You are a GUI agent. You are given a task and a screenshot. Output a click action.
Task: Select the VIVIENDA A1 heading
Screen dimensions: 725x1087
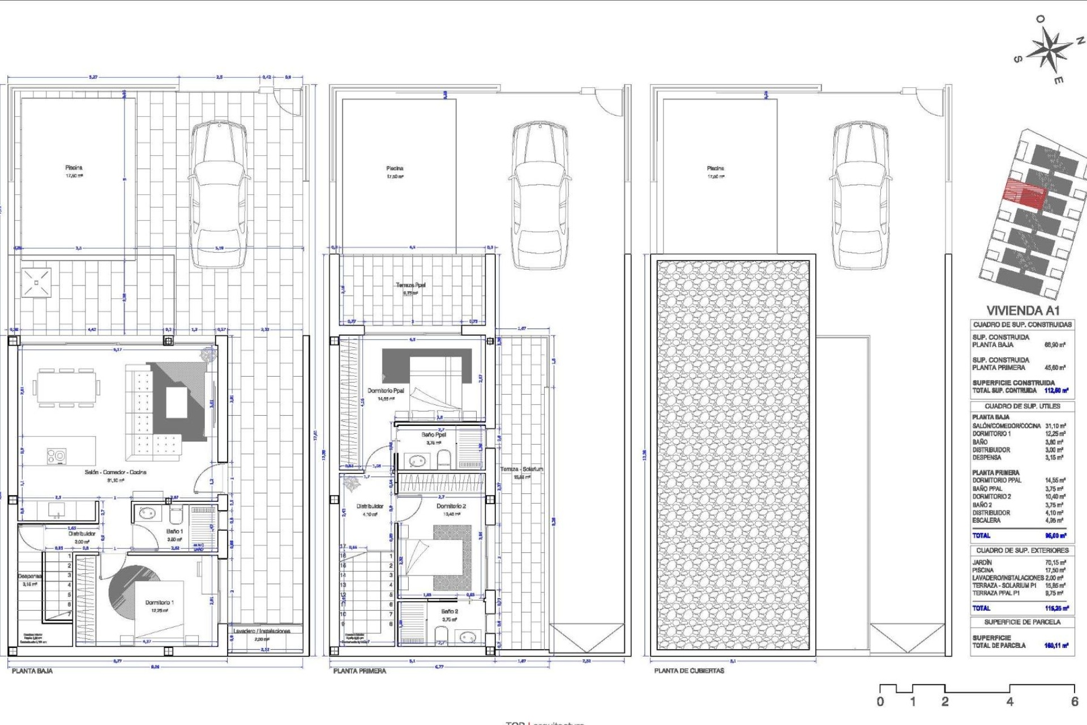pos(1022,310)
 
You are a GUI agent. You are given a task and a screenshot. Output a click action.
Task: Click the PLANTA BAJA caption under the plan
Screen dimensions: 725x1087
pos(32,671)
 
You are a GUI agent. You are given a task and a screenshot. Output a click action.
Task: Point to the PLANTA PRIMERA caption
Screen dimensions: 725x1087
pos(360,671)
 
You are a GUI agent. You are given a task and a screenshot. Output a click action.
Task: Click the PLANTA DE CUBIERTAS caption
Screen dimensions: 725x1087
pos(689,671)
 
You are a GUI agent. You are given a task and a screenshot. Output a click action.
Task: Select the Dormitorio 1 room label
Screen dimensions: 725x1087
pos(160,603)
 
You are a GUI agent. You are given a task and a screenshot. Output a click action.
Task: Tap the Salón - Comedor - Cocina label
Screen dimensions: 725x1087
pos(115,472)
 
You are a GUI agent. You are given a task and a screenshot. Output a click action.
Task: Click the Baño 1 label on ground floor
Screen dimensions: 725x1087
pos(174,531)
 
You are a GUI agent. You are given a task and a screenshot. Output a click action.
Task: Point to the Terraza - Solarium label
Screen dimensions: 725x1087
pos(521,469)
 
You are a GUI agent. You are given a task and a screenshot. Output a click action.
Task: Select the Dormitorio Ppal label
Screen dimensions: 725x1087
pos(386,391)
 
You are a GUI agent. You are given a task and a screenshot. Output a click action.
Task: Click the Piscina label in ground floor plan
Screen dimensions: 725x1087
pos(74,168)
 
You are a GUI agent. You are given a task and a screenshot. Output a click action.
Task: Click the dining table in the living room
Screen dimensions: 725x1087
pos(67,388)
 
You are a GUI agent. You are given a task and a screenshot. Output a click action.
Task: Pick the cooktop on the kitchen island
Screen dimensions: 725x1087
pos(56,456)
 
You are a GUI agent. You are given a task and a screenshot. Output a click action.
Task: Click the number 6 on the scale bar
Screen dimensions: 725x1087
pos(1074,701)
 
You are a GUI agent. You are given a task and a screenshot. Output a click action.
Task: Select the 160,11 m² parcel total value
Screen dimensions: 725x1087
pos(1056,645)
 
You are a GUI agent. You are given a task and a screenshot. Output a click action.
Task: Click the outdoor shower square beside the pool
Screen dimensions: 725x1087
pos(37,282)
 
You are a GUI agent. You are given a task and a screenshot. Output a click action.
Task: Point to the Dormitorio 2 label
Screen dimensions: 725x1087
pos(451,506)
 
